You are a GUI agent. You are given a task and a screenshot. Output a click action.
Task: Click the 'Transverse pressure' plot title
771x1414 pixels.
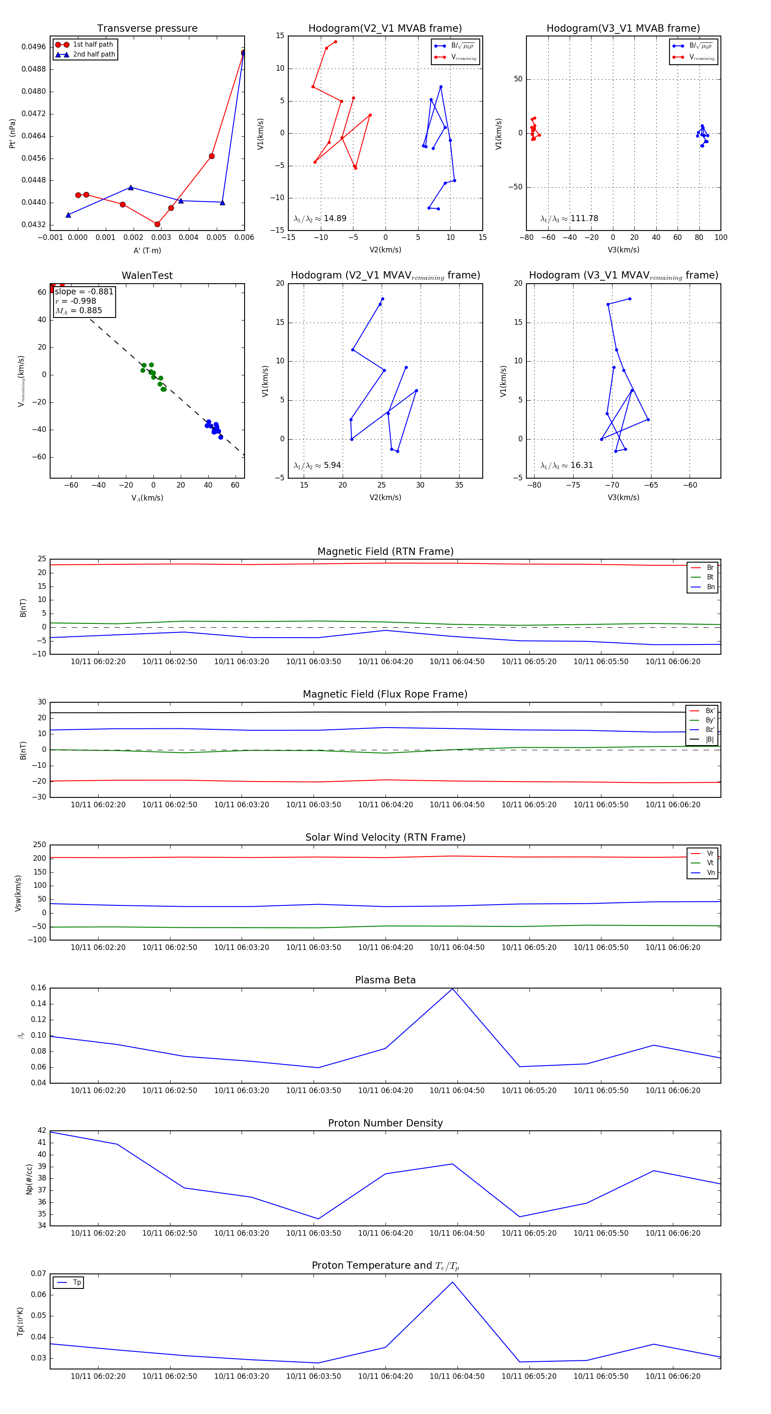point(147,28)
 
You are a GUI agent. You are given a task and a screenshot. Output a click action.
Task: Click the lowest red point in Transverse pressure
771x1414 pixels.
point(158,224)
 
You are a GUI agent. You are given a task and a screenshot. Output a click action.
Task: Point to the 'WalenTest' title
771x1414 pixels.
point(147,276)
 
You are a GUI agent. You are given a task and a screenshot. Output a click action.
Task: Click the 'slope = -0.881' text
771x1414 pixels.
point(84,291)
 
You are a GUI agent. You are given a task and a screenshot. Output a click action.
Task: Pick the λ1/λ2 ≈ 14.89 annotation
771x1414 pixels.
point(320,219)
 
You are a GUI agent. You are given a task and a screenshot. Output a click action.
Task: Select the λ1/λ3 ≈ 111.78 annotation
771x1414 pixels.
point(569,219)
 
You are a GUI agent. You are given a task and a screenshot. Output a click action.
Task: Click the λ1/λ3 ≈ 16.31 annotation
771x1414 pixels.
point(566,465)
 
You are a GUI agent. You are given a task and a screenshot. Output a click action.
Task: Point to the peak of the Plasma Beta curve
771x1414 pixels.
point(452,989)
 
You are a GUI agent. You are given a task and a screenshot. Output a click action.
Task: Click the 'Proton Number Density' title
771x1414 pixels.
point(385,1123)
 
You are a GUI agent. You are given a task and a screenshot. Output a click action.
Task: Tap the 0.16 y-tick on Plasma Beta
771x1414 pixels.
point(39,988)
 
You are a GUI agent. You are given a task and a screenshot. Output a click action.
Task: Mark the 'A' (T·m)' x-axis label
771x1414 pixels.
point(147,250)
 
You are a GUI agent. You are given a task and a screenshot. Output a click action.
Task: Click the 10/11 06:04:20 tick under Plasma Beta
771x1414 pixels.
point(385,1090)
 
